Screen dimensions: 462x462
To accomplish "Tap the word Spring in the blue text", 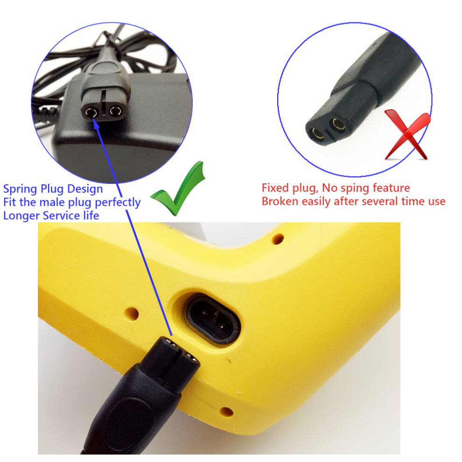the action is tap(21, 189).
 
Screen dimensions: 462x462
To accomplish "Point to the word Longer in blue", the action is tap(21, 216).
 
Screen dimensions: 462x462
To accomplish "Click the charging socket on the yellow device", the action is tap(213, 320).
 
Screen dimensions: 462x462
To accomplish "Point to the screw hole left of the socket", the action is tap(132, 314).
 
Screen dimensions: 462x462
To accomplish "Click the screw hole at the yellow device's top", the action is tap(278, 238).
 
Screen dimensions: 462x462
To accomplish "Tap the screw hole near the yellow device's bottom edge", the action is tap(226, 412).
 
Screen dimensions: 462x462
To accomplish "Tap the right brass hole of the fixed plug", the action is tap(338, 124).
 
